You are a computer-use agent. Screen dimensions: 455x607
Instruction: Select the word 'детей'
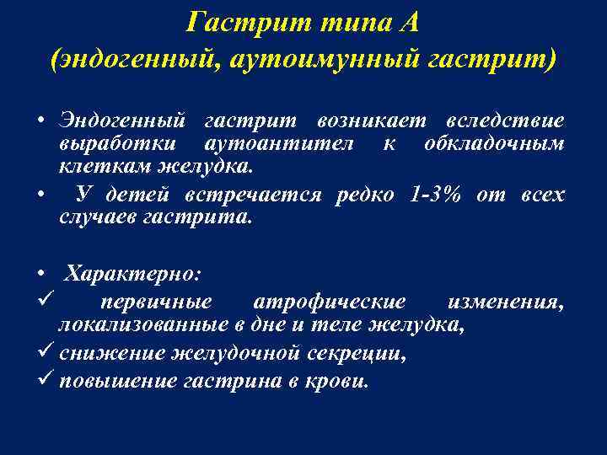pos(138,195)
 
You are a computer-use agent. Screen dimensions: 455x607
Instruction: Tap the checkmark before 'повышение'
pos(45,379)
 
